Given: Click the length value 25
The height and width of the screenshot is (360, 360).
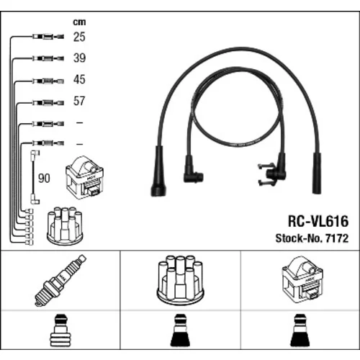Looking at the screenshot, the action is [79, 37].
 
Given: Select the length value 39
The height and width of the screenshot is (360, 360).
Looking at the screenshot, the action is [79, 58].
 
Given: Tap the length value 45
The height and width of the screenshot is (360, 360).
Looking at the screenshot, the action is [79, 79].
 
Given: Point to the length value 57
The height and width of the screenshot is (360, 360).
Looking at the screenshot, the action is [79, 101].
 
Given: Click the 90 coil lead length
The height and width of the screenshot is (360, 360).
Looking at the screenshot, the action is [44, 178].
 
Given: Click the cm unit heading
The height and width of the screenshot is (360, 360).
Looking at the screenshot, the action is [79, 22].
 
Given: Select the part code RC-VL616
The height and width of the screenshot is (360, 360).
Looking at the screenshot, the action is [318, 221].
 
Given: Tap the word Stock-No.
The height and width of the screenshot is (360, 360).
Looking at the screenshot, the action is [299, 238].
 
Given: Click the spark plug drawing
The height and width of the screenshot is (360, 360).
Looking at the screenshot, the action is [60, 280].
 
